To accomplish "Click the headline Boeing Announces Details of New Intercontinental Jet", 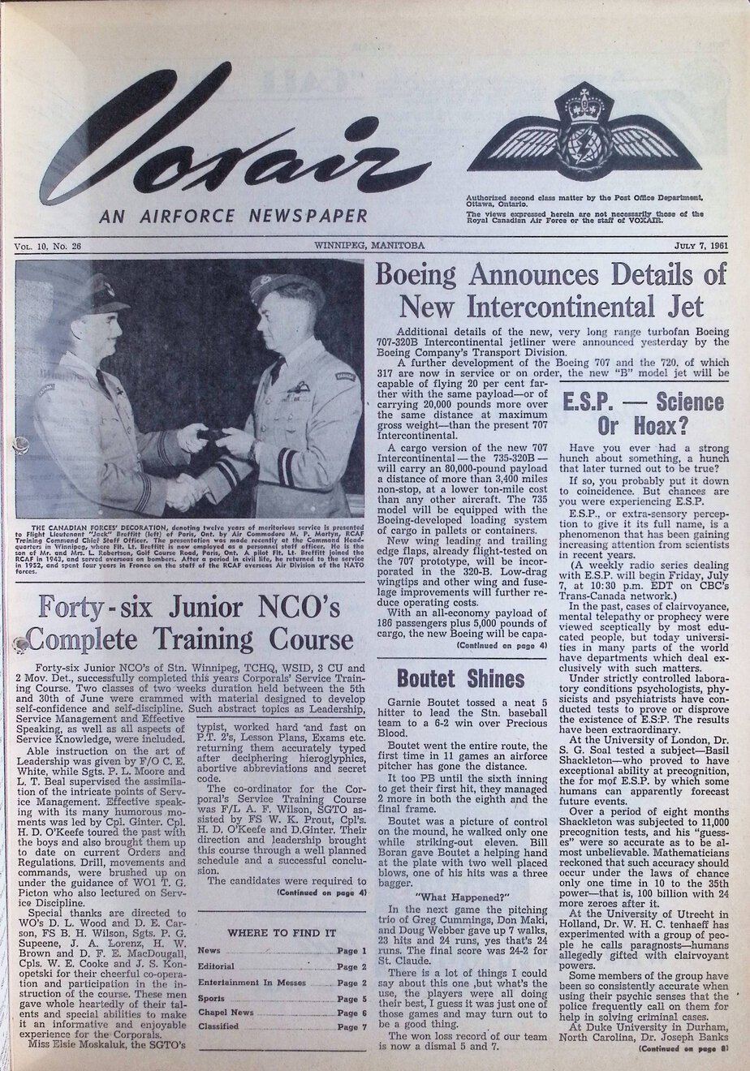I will coord(550,290).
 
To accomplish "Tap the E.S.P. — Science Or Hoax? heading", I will coord(646,413).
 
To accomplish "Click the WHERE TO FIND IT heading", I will coord(282,932).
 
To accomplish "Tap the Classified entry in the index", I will coord(218,1026).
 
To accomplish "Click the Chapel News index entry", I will coord(226,1012).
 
